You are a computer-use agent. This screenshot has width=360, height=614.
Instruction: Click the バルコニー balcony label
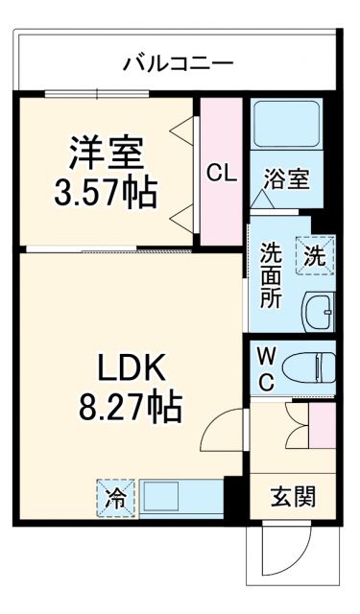(x=179, y=64)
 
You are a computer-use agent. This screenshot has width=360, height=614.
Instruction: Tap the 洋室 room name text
(x=106, y=153)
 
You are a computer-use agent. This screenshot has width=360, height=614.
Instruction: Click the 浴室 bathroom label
(x=287, y=177)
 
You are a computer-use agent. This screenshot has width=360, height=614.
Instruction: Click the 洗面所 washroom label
(x=272, y=276)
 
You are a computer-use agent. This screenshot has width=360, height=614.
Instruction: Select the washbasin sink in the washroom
(x=318, y=311)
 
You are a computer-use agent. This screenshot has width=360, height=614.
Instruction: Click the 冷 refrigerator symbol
(x=114, y=499)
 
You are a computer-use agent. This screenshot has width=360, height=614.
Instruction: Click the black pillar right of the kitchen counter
(x=230, y=497)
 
